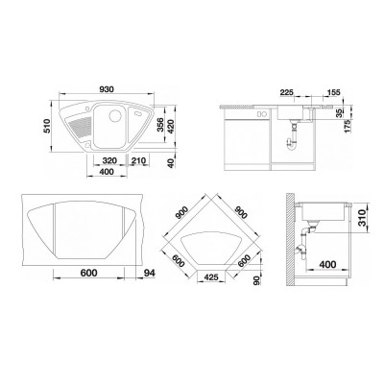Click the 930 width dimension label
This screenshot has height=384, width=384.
pos(106,89)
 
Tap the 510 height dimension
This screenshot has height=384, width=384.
pos(47,126)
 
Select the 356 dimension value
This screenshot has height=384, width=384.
pos(160,126)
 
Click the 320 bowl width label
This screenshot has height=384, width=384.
pos(109,160)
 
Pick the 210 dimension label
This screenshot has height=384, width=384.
pos(138,160)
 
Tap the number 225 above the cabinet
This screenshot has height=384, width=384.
pos(286,92)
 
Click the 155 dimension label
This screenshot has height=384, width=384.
pos(333,92)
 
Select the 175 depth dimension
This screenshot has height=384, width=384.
pos(348,126)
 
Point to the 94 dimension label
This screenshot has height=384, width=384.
pos(148,273)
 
